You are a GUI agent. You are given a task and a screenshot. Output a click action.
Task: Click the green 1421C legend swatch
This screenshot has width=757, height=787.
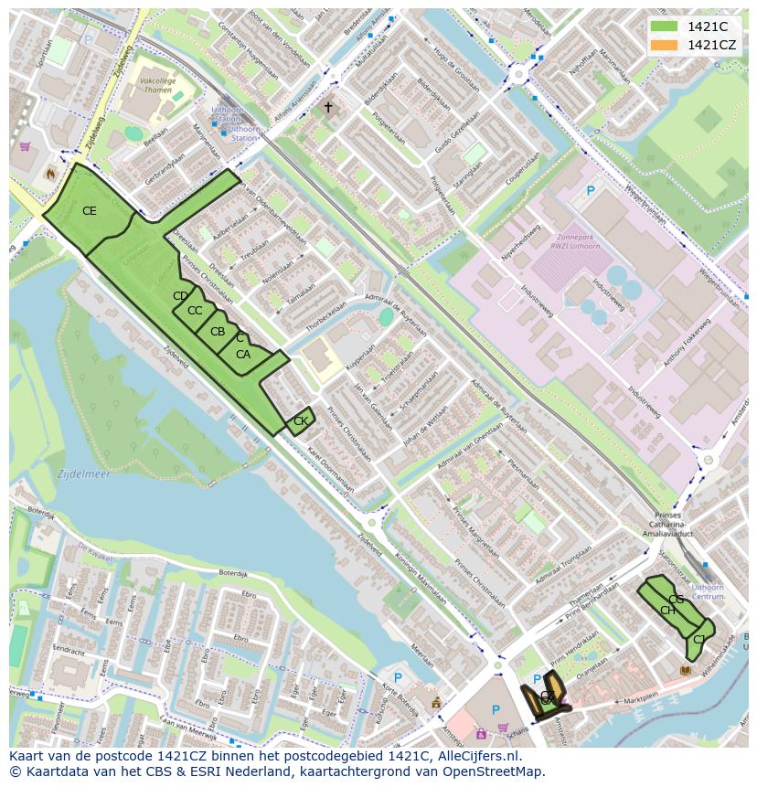(x=664, y=26)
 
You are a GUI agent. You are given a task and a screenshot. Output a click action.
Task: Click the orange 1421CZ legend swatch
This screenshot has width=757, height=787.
(x=664, y=45)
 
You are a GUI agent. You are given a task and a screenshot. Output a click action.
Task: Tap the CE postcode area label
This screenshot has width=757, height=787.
(x=89, y=211)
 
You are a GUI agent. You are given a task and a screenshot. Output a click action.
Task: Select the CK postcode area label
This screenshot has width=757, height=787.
(x=300, y=421)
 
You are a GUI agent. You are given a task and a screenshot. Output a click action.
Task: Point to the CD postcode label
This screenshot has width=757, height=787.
(x=180, y=296)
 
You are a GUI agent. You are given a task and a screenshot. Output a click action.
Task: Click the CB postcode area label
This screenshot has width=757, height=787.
(x=218, y=332)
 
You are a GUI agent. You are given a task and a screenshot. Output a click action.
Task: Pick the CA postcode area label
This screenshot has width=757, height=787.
(x=243, y=355)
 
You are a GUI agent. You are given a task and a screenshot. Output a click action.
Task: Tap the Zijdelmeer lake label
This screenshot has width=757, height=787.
(x=83, y=474)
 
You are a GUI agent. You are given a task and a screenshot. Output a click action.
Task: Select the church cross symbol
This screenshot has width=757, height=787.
(x=328, y=108)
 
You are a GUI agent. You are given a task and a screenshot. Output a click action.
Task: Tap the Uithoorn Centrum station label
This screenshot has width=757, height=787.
(x=709, y=590)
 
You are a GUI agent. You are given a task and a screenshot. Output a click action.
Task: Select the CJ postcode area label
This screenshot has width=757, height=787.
(x=699, y=639)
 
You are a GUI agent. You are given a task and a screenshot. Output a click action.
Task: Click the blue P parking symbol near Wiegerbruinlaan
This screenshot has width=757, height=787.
(x=591, y=192)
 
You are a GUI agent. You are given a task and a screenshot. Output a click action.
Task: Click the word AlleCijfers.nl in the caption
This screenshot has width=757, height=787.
(x=475, y=756)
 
